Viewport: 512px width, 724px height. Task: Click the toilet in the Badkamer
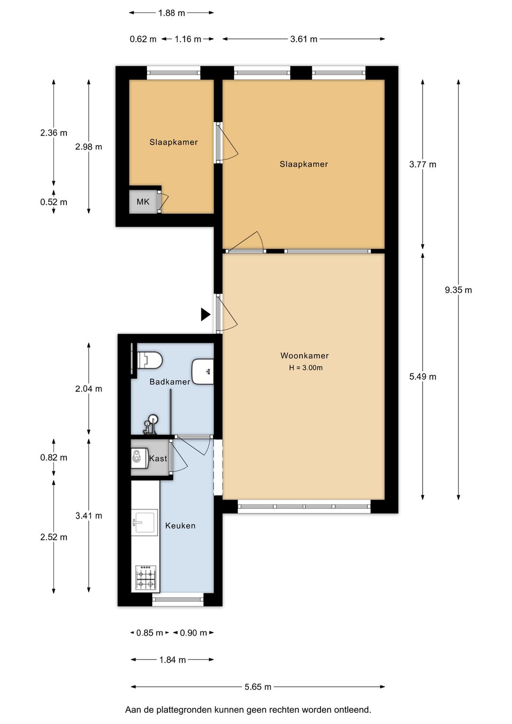[x=149, y=360]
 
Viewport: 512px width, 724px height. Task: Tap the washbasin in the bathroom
[x=203, y=371]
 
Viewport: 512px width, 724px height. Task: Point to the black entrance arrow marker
[x=206, y=315]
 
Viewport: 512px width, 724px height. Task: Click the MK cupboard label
[x=143, y=202]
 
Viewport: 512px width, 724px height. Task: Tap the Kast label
[x=158, y=458]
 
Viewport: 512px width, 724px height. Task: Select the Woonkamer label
[x=304, y=355]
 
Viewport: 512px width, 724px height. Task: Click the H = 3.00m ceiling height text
[x=306, y=368]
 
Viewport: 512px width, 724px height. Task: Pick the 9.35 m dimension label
[x=458, y=290]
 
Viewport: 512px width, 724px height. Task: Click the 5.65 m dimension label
[x=257, y=687]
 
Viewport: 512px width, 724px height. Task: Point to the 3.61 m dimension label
[x=303, y=39]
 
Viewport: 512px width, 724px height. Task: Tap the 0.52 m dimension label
[x=54, y=202]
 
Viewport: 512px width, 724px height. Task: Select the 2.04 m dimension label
[x=89, y=389]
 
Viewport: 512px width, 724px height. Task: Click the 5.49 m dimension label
[x=422, y=377]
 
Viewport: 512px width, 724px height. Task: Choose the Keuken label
[x=180, y=526]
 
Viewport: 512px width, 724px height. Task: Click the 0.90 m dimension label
[x=193, y=633]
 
